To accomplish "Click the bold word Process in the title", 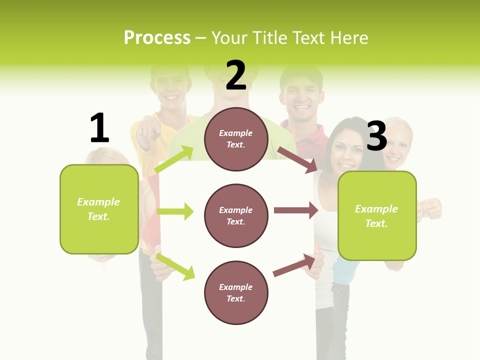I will point(157,38).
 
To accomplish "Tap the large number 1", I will point(99,128).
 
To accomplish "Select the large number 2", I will point(236,75).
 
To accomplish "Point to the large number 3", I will point(376,136).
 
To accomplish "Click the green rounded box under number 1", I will point(99,209).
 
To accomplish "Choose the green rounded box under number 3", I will point(377,216).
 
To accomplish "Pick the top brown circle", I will point(236,139).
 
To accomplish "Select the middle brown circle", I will point(236,216).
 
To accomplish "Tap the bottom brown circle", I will point(236,293).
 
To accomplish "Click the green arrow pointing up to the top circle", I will point(173,159).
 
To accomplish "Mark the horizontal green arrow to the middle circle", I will point(175,211).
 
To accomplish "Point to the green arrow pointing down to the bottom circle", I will point(175,266).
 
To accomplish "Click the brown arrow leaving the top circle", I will point(297,159).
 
